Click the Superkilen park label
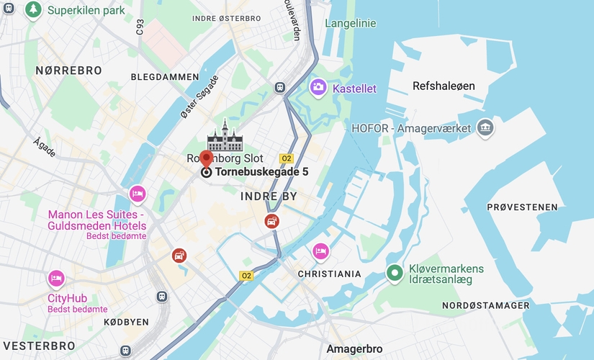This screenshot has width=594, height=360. point(86,11)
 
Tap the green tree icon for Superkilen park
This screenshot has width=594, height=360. point(33,9)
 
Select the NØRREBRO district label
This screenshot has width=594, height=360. point(68,71)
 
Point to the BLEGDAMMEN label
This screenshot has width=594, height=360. point(165,76)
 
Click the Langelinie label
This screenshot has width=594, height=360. point(351,23)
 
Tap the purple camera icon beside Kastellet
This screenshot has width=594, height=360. point(318,88)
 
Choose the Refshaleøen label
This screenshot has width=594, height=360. point(444,86)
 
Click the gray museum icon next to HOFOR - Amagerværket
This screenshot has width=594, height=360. point(485,128)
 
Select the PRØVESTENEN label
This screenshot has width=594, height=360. point(522,207)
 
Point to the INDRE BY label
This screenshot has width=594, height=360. point(269,196)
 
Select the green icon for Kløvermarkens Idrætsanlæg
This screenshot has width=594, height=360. point(394,274)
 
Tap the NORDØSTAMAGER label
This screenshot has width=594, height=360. point(486,306)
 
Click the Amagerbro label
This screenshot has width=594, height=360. point(354,349)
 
